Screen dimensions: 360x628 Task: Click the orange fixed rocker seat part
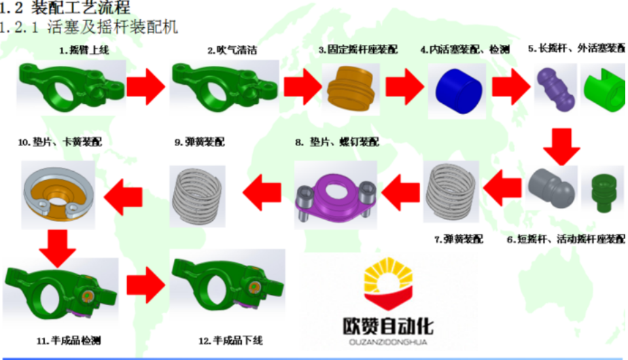pyautogui.click(x=350, y=89)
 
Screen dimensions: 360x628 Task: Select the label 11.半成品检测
pyautogui.click(x=63, y=340)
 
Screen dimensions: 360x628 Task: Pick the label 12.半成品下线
pyautogui.click(x=230, y=340)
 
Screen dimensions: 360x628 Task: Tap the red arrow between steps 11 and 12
pyautogui.click(x=145, y=286)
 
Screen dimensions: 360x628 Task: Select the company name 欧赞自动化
pyautogui.click(x=388, y=325)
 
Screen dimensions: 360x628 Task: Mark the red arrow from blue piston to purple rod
pyautogui.click(x=511, y=86)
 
